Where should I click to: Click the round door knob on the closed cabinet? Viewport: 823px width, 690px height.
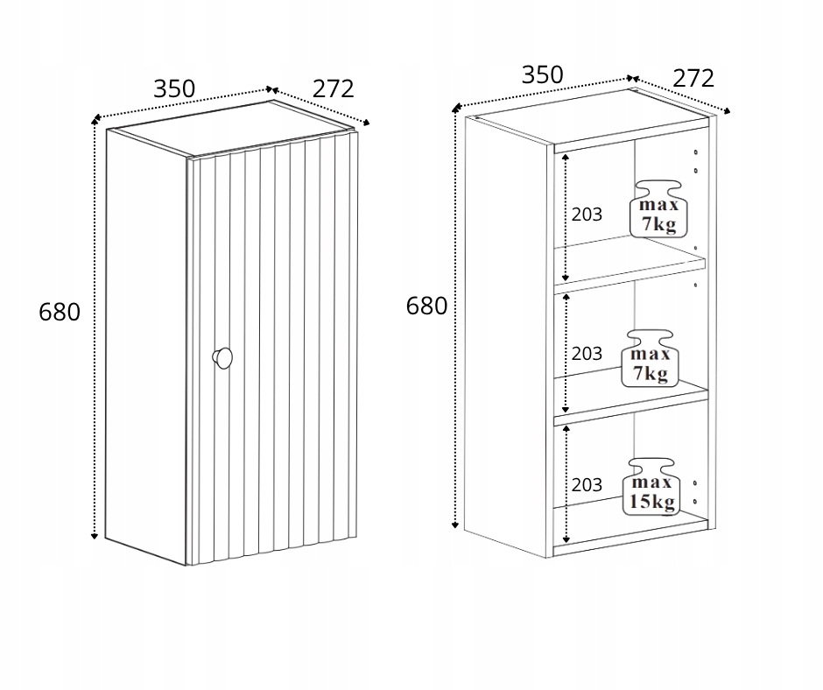click(222, 357)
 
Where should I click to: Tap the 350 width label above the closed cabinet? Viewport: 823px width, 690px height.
click(174, 88)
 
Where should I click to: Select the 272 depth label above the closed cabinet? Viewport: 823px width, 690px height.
click(334, 88)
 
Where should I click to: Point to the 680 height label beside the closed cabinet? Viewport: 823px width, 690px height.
click(60, 312)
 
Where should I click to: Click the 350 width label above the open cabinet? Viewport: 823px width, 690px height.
click(542, 75)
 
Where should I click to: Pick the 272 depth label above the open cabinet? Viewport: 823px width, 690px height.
click(693, 78)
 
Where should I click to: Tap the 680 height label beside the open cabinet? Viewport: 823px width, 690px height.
click(426, 306)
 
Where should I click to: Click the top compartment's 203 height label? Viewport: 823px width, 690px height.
click(587, 215)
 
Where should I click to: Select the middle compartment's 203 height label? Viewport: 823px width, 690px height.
click(587, 354)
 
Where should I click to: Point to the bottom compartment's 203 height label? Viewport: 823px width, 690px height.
click(587, 485)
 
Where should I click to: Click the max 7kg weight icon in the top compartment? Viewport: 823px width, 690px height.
click(658, 209)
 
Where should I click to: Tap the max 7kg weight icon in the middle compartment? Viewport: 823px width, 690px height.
click(651, 359)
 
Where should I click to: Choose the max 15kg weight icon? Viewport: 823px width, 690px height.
click(651, 487)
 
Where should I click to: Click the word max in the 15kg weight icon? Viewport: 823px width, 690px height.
click(652, 482)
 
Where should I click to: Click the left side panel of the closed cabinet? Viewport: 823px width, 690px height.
click(146, 347)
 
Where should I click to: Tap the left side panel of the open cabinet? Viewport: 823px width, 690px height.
click(507, 336)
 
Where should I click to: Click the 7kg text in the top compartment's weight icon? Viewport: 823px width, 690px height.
click(658, 224)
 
